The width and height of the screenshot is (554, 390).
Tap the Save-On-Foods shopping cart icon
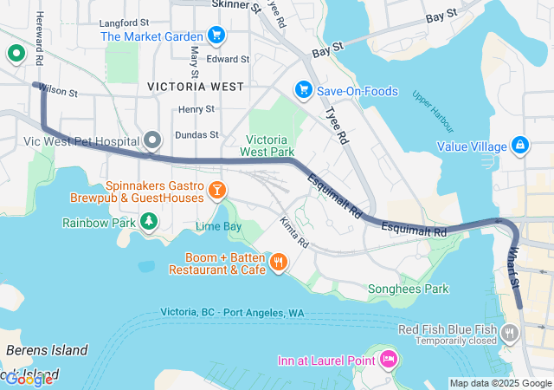[303, 90]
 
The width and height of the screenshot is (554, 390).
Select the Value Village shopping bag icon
[519, 145]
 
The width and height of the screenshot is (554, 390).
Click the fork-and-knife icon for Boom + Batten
[278, 262]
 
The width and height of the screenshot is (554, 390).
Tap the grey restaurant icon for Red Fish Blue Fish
[510, 332]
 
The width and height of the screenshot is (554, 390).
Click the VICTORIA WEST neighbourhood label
[195, 87]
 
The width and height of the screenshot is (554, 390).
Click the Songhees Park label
[408, 289]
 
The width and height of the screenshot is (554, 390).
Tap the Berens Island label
[47, 350]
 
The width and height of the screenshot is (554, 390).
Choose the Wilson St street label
[58, 90]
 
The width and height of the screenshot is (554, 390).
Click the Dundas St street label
[196, 135]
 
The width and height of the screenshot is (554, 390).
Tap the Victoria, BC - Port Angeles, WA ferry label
[232, 312]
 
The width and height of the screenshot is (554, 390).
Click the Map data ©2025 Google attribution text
[500, 383]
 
